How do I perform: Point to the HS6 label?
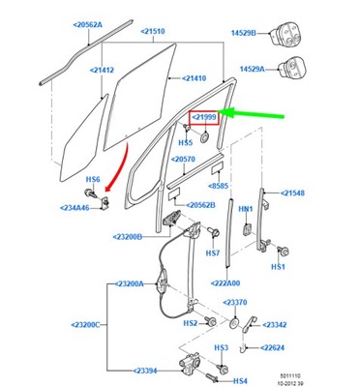click(93, 180)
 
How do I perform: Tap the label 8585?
click(243, 186)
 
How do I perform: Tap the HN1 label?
click(246, 208)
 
